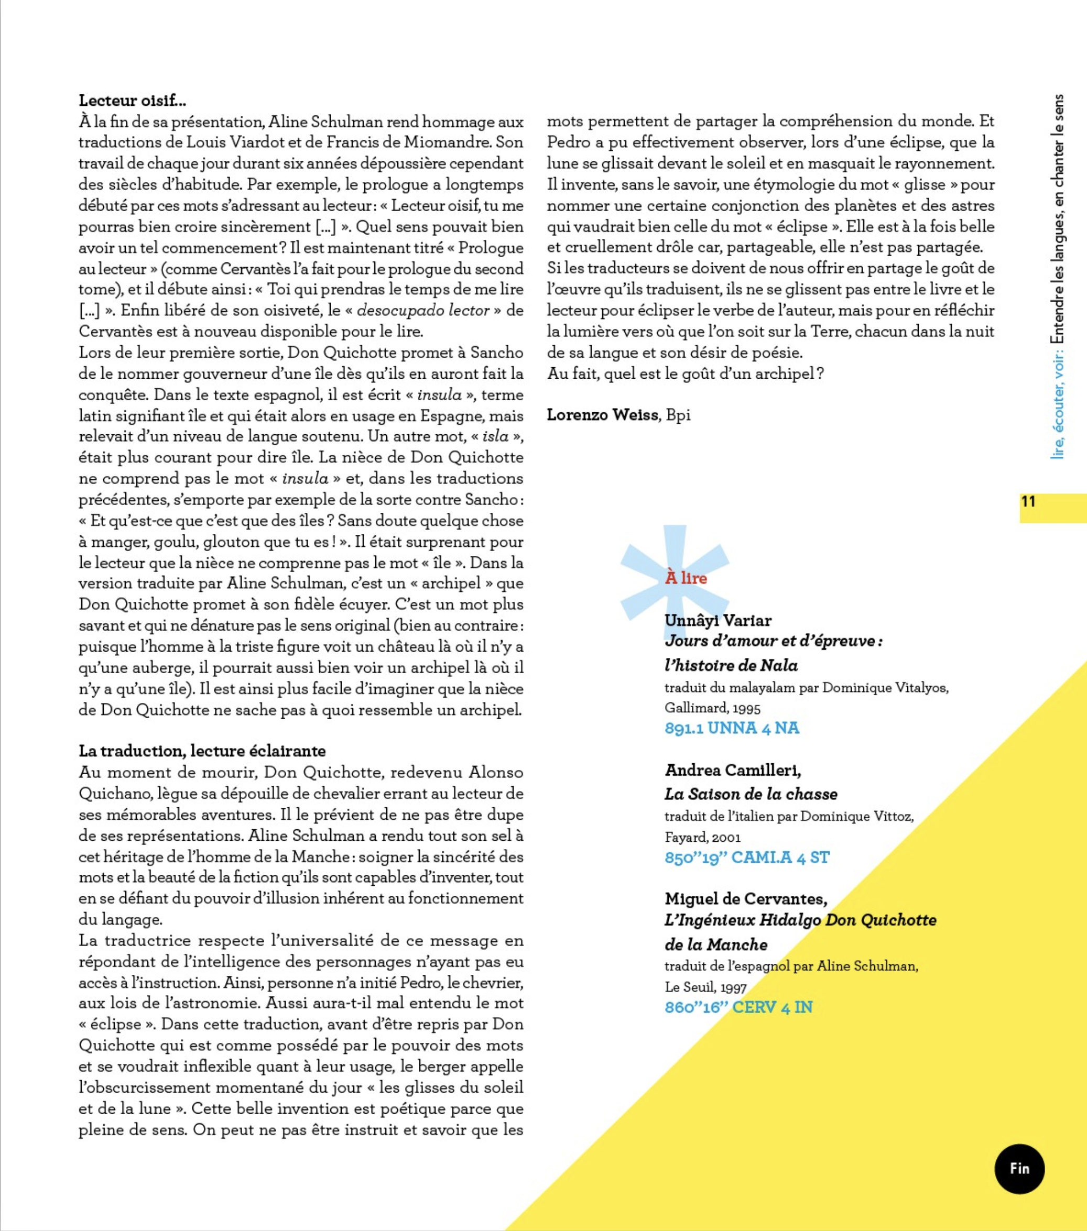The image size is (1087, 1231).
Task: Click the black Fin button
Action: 1019,1168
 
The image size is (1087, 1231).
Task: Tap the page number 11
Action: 1028,501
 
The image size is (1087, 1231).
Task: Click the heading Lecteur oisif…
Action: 132,100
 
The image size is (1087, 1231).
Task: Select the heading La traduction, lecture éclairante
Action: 202,751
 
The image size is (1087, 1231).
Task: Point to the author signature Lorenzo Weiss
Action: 603,414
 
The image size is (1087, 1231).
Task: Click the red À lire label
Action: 686,578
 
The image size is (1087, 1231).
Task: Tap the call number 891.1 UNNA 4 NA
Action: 732,728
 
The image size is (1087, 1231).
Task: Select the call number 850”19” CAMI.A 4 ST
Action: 746,857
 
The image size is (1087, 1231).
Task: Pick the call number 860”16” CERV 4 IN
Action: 738,1007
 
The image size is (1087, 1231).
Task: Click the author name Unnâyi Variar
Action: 718,620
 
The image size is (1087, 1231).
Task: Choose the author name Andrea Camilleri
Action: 732,770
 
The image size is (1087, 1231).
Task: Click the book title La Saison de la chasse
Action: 750,794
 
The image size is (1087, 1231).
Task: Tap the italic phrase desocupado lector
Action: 423,311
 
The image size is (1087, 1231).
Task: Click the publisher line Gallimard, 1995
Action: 712,708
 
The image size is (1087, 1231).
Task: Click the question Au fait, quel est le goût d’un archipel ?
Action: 685,373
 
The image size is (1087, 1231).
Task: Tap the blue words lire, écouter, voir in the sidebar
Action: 1058,409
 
